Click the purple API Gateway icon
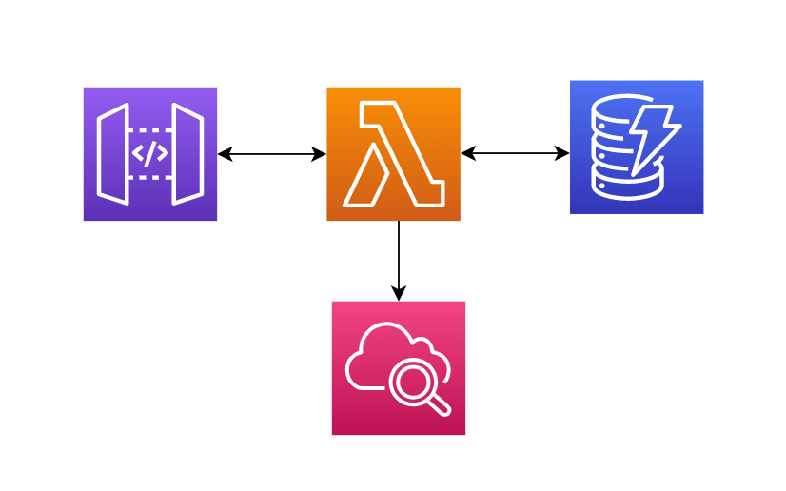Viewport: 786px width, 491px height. [x=150, y=154]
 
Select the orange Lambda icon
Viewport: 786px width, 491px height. [x=393, y=154]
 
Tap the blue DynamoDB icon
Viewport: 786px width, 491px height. [x=637, y=147]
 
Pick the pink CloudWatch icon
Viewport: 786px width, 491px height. [x=399, y=368]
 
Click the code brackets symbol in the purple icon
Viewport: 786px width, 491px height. [x=150, y=153]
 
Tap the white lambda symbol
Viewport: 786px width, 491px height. [x=392, y=154]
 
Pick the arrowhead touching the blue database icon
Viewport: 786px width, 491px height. [x=562, y=153]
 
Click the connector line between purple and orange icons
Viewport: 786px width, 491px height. [x=272, y=154]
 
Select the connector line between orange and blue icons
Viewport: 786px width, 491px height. [x=515, y=153]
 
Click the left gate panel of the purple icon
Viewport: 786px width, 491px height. [x=113, y=154]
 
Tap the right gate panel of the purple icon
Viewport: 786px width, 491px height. [x=187, y=154]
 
